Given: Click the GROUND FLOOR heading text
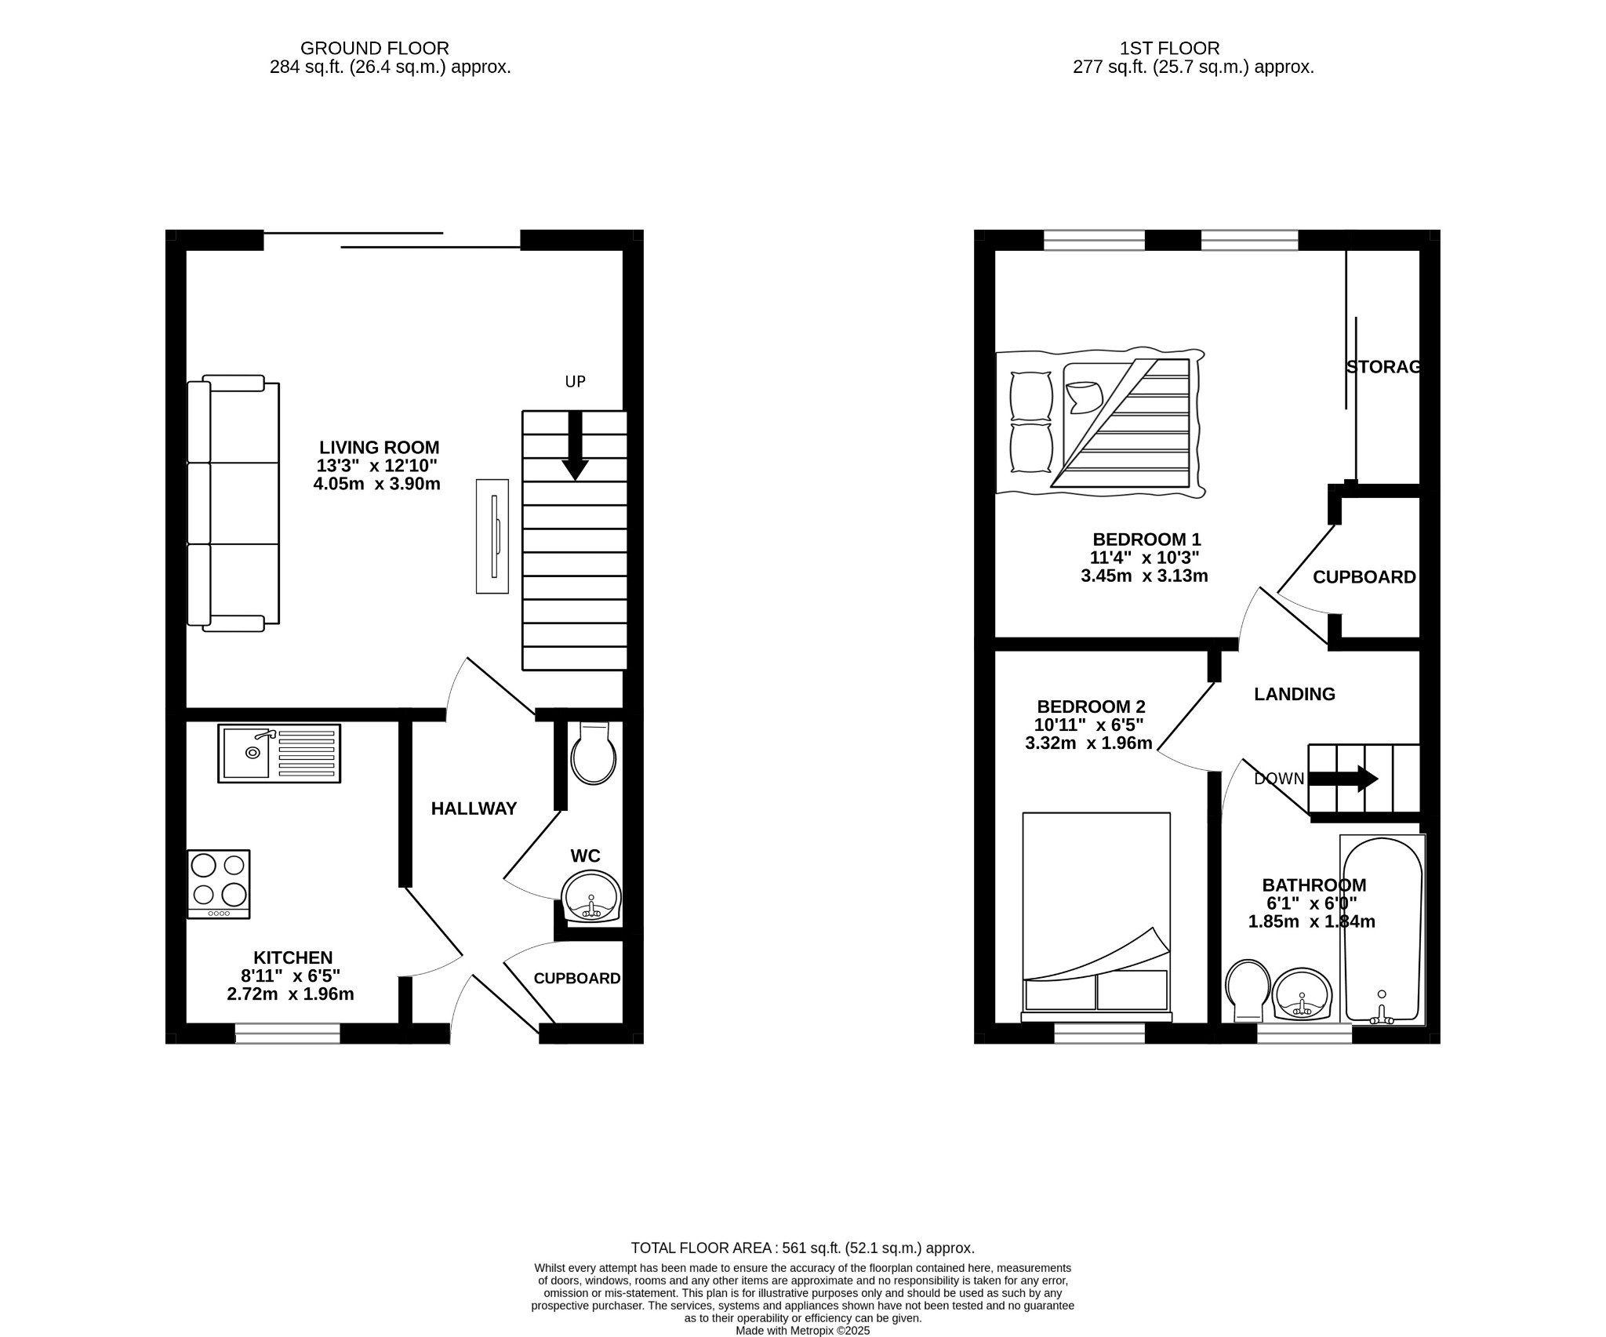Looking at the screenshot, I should click(375, 49).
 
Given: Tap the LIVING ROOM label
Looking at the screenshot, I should click(380, 448).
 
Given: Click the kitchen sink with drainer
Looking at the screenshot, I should click(280, 754).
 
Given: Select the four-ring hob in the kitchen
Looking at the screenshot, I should click(219, 884).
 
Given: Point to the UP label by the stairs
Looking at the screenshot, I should click(576, 382).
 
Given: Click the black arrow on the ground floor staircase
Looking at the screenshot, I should click(575, 446).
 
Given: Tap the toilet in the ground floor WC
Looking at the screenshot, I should click(594, 754).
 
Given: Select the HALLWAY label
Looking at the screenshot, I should click(474, 808).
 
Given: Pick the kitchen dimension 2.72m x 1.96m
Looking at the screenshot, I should click(290, 995).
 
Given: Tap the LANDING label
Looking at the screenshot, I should click(1294, 694).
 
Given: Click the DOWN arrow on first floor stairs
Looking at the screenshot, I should click(1344, 779).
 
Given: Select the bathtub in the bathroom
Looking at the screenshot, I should click(1382, 930).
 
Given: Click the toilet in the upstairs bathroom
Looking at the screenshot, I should click(1248, 990).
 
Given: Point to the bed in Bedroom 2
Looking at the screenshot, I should click(1096, 915).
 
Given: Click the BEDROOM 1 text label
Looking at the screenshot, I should click(1146, 540).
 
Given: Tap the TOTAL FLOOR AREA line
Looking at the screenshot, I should click(803, 1270).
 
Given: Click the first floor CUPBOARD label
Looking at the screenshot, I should click(1364, 577).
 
